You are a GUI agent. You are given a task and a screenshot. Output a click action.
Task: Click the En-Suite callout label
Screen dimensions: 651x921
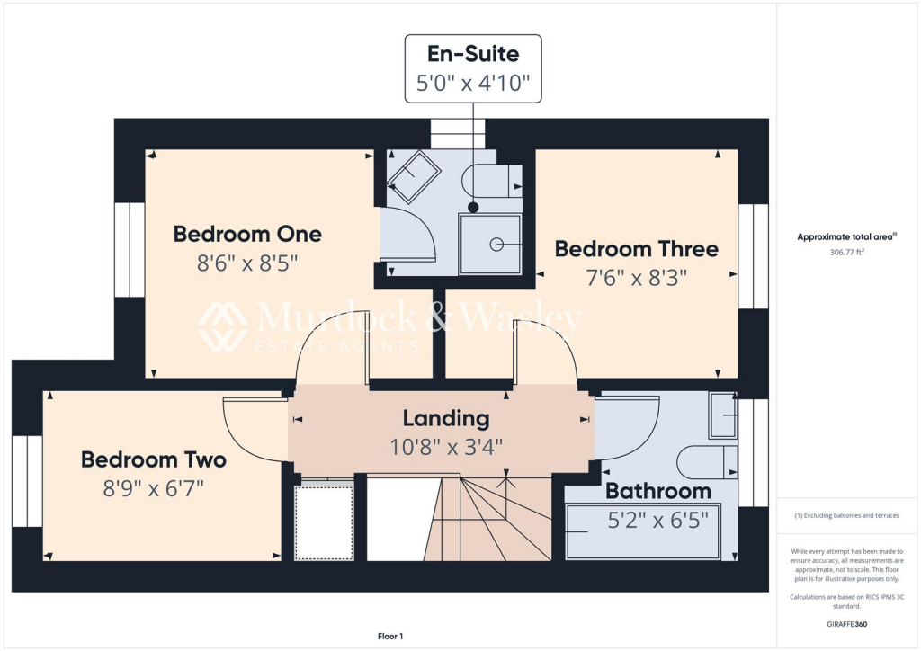[473, 55]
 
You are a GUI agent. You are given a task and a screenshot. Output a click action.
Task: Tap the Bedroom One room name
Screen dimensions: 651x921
[247, 235]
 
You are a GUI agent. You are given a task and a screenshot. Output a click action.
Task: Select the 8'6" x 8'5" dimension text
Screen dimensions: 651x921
[247, 264]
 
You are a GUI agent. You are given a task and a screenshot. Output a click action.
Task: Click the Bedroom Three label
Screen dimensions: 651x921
[636, 249]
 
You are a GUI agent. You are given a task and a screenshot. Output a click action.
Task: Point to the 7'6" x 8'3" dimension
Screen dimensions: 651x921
[636, 278]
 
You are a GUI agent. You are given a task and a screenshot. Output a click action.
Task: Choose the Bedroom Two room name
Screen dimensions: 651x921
[154, 460]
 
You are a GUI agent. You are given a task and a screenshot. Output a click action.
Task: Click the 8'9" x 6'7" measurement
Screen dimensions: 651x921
[154, 489]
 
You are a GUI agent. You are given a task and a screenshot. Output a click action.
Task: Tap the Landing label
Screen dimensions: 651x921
[445, 418]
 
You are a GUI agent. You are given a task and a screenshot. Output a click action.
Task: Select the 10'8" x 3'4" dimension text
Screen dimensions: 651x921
[445, 446]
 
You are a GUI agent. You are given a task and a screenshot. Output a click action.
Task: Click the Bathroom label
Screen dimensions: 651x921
[657, 491]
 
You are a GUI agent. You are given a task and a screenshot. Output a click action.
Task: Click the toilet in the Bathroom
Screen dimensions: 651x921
[707, 461]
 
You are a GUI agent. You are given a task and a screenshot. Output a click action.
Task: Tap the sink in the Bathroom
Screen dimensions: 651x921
[722, 415]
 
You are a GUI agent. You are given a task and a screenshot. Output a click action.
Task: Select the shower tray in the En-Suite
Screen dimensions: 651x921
[490, 243]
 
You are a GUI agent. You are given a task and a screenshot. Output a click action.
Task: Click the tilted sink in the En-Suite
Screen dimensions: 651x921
[413, 176]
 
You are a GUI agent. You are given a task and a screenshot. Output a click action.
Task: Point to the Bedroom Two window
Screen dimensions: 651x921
[27, 481]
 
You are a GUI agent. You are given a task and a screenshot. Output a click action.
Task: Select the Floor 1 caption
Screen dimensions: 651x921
[389, 637]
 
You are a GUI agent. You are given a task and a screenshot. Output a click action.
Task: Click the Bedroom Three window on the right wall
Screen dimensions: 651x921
[753, 256]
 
